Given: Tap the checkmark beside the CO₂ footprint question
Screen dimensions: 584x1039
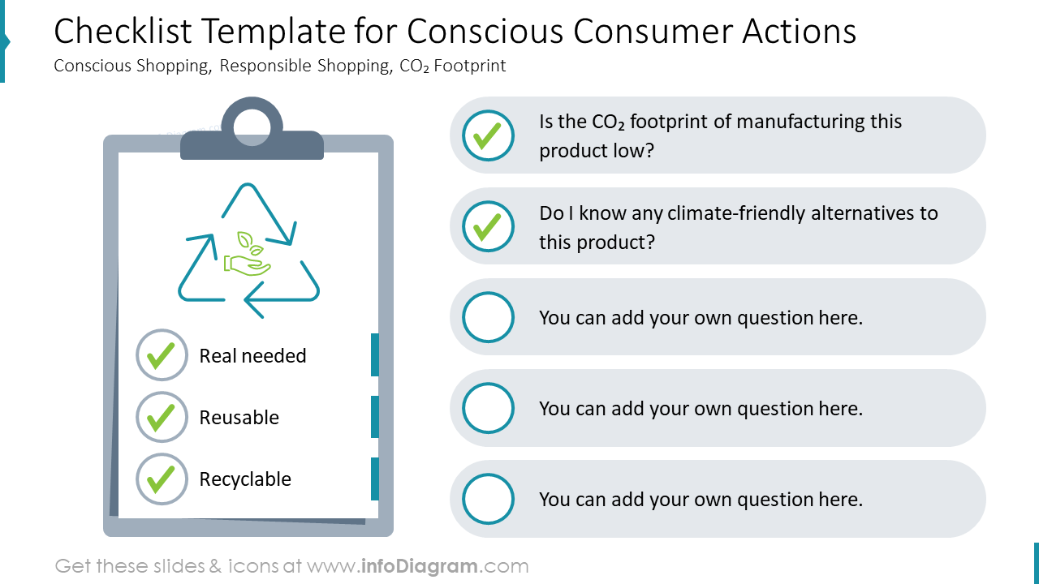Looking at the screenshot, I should click(488, 135).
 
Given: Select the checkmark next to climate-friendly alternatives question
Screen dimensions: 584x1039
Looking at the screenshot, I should click(488, 226).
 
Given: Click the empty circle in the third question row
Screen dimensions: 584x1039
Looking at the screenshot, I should click(488, 317).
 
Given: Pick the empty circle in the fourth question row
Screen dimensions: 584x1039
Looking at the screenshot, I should click(488, 408).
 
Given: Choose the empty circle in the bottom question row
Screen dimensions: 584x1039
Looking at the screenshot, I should click(488, 499).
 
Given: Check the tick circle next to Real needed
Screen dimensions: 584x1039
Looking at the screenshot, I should click(162, 355).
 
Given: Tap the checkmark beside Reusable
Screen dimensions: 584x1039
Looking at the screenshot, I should click(162, 417).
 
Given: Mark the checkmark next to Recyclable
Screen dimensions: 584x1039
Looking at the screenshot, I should click(162, 479).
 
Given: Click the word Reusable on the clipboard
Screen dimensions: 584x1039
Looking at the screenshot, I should click(239, 418).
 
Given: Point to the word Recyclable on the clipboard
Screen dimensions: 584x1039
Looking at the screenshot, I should click(245, 479).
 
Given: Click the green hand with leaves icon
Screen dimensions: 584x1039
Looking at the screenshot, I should click(247, 255).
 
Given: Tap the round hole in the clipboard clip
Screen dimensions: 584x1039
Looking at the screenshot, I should click(252, 127).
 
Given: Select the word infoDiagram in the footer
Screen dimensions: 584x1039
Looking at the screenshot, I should click(419, 566).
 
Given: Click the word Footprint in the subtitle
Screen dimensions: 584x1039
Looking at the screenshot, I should click(469, 66).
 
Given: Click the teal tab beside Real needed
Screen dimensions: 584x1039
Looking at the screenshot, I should click(375, 354).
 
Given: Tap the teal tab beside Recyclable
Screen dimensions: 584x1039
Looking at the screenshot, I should click(375, 479).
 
